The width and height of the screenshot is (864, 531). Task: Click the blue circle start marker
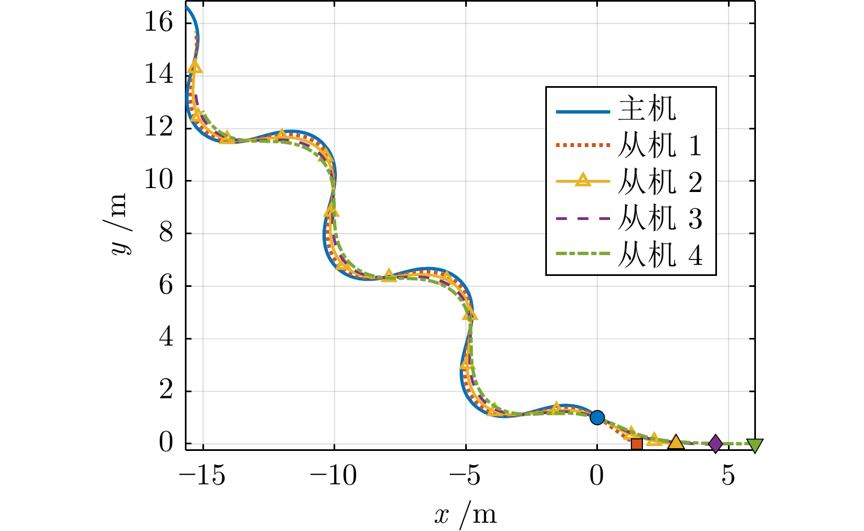(597, 417)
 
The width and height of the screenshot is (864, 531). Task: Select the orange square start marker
(636, 444)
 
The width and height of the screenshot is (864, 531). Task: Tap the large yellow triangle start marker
(676, 443)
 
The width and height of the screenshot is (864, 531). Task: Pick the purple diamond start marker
(715, 444)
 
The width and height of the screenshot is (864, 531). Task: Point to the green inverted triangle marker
(755, 445)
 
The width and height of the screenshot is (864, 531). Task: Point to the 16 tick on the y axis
(159, 23)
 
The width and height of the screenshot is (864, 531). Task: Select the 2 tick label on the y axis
(166, 391)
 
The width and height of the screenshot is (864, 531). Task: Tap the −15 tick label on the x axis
(202, 476)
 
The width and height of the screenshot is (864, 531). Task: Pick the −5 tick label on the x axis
(465, 476)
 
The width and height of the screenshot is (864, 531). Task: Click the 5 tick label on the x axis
(728, 476)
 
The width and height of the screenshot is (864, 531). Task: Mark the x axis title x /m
(465, 515)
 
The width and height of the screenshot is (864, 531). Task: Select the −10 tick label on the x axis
(334, 476)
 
